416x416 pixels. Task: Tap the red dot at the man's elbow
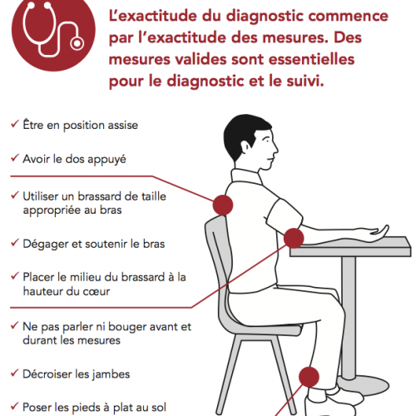click(x=294, y=238)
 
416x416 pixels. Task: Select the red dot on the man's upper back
click(x=223, y=205)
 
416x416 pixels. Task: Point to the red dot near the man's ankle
click(x=309, y=377)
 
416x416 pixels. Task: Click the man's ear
click(x=246, y=146)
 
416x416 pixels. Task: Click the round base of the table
click(x=364, y=385)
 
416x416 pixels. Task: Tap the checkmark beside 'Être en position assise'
click(x=15, y=124)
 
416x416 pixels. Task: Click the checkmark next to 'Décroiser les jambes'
click(x=15, y=373)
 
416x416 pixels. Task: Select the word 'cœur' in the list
click(x=97, y=292)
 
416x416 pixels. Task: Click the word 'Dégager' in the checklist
click(x=46, y=245)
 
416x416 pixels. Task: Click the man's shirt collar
click(x=246, y=176)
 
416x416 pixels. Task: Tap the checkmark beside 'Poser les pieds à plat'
click(x=15, y=406)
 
